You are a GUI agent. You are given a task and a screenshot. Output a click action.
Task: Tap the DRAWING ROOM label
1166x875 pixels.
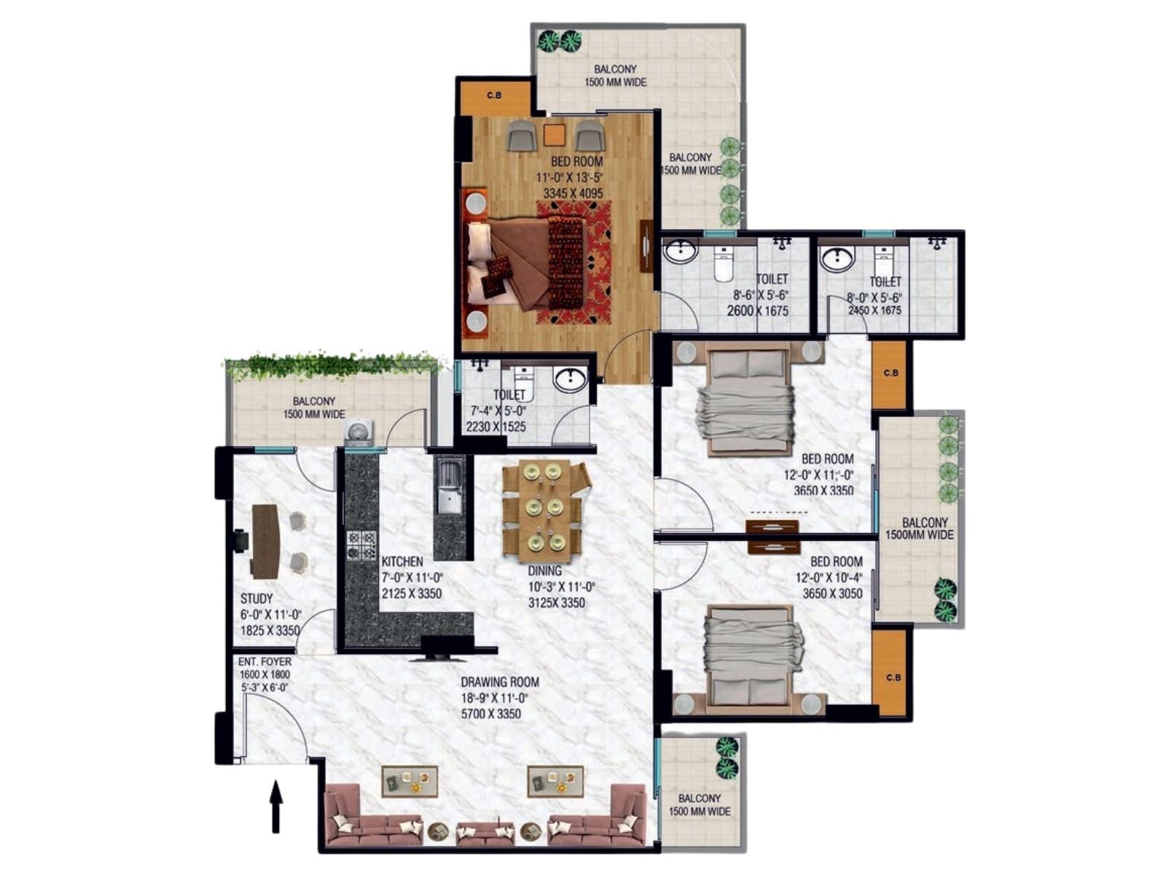pos(499,682)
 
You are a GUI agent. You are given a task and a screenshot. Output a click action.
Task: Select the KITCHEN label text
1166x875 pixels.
pos(402,561)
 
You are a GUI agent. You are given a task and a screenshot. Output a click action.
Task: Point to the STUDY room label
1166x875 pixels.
pos(257,599)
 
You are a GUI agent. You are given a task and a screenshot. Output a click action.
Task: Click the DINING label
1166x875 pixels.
pos(544,571)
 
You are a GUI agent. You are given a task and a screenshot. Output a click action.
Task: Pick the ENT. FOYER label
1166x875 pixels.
pos(265,661)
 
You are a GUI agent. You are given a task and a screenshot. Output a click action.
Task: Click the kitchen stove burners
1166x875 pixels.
pos(361,545)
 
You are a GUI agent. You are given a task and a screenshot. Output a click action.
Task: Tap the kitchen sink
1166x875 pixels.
pos(450,486)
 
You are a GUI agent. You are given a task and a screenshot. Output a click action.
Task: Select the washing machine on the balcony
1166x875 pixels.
pos(359,432)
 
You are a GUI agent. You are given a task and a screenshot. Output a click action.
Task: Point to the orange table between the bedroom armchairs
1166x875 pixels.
pos(555,135)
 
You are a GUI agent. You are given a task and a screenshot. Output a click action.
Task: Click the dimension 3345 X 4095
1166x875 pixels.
pos(573,193)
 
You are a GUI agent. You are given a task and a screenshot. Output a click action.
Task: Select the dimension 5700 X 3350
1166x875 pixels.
pos(491,714)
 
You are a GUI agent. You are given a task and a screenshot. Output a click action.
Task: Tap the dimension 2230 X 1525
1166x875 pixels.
pos(496,427)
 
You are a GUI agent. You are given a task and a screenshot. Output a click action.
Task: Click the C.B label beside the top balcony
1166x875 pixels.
pos(494,96)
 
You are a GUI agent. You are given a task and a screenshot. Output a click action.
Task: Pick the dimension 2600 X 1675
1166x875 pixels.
pos(757,311)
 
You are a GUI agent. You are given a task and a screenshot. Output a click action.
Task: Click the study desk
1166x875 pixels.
pos(265,541)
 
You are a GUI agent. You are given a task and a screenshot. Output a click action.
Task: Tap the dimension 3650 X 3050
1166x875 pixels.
pos(832,594)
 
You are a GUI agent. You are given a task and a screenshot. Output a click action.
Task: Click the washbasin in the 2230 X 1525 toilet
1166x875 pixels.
pos(570,379)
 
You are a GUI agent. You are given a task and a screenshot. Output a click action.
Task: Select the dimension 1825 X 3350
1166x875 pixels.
pos(270,631)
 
